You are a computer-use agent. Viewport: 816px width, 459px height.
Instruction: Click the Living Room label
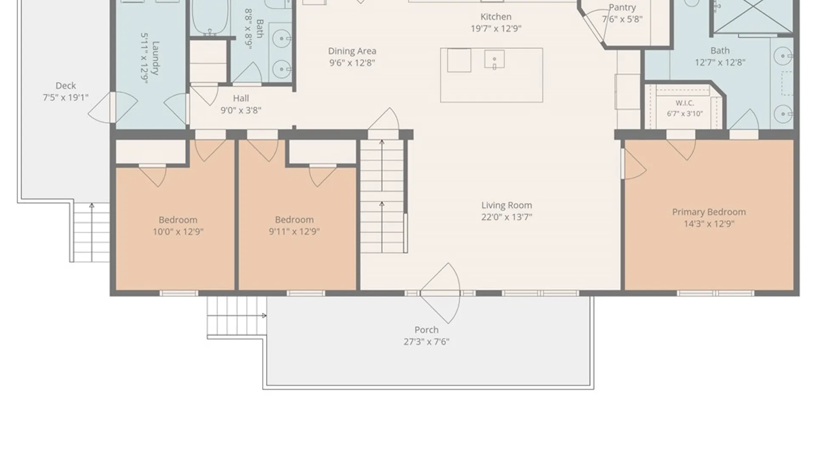tap(507, 205)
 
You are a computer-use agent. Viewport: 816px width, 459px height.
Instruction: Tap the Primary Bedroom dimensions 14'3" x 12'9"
tap(709, 224)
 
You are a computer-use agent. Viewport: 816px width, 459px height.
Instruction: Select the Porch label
tap(426, 330)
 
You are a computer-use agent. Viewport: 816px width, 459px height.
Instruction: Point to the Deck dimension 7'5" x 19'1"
tap(65, 97)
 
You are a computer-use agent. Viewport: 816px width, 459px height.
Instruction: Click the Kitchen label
tap(496, 17)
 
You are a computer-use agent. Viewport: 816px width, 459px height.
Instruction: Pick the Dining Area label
tap(352, 51)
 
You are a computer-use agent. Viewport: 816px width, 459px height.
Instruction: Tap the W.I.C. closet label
tap(685, 103)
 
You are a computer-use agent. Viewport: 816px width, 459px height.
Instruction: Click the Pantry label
tap(622, 7)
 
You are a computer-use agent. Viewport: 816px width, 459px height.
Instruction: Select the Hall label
tap(241, 98)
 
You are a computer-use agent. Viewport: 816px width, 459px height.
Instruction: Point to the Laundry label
tap(156, 58)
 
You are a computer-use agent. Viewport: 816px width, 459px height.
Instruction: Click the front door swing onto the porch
tap(441, 293)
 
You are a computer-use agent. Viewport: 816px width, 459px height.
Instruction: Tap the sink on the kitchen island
tap(494, 59)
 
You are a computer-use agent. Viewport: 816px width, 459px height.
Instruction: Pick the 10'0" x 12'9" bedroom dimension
tap(178, 232)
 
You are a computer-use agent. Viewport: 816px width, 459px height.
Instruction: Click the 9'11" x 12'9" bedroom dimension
tap(294, 232)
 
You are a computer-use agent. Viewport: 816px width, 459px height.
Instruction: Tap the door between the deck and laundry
tap(113, 107)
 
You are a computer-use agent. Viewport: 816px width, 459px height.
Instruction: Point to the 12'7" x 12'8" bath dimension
tap(720, 62)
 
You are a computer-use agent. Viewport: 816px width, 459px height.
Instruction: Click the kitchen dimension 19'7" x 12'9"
tap(496, 28)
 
